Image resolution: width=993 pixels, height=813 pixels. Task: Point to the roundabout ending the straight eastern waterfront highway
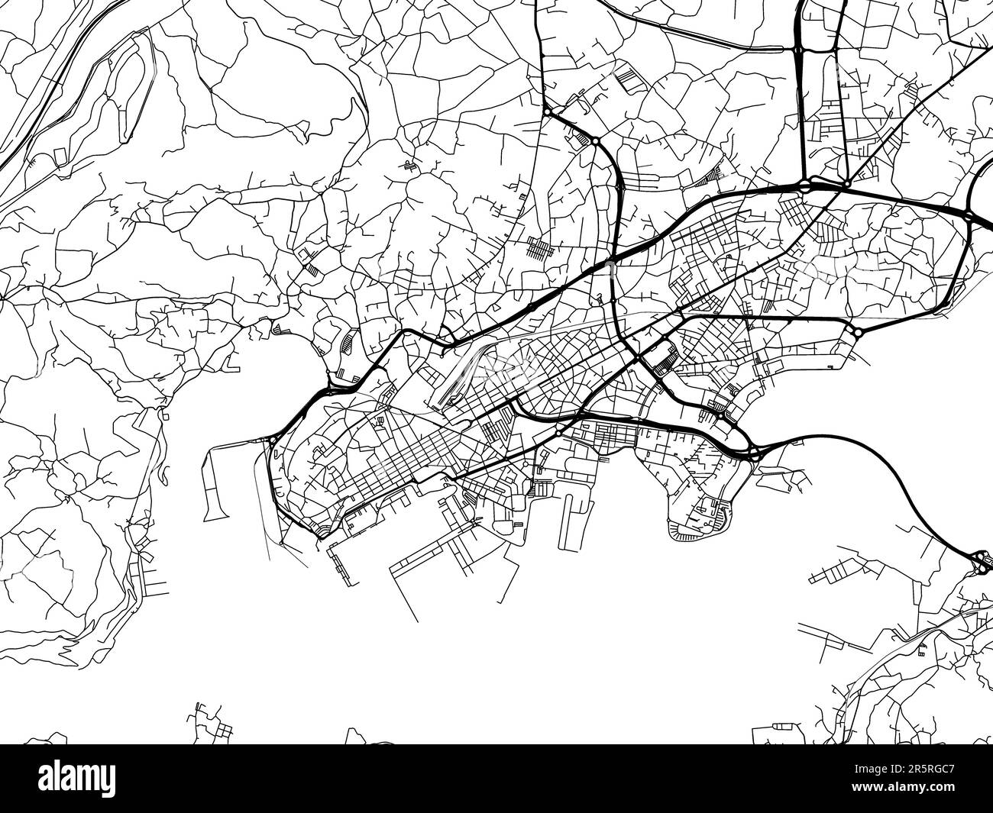pyautogui.click(x=856, y=332)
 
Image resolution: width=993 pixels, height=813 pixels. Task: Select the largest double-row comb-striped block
pyautogui.click(x=543, y=249)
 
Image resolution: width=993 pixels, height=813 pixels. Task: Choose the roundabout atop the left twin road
pyautogui.click(x=797, y=50)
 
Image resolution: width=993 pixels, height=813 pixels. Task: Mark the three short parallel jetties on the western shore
pyautogui.click(x=153, y=584)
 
